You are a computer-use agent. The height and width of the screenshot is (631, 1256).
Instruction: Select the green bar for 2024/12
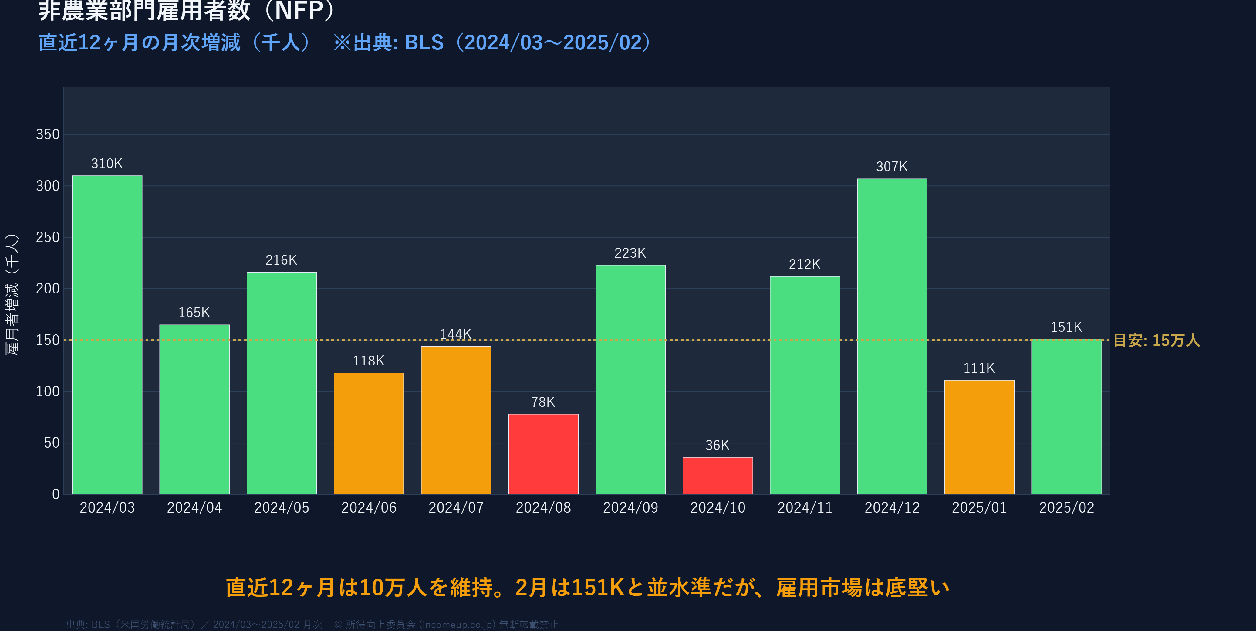pyautogui.click(x=892, y=337)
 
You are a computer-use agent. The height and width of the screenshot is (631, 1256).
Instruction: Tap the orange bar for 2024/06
pyautogui.click(x=369, y=433)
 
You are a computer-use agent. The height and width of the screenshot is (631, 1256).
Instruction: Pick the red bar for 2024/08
pyautogui.click(x=543, y=454)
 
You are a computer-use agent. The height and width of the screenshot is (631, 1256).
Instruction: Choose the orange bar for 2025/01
pyautogui.click(x=979, y=437)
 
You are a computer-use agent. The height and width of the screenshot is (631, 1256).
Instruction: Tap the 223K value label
pyautogui.click(x=630, y=253)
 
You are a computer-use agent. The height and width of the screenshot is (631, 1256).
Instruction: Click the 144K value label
pyautogui.click(x=455, y=334)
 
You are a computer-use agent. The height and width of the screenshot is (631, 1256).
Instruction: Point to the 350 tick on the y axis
pyautogui.click(x=48, y=134)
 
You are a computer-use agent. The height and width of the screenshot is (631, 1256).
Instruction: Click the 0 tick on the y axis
pyautogui.click(x=56, y=494)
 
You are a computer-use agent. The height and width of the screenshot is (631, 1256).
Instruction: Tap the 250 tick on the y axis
pyautogui.click(x=48, y=237)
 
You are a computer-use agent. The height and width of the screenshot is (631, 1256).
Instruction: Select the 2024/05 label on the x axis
pyautogui.click(x=281, y=508)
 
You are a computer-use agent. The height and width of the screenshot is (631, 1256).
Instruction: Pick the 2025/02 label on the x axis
pyautogui.click(x=1066, y=508)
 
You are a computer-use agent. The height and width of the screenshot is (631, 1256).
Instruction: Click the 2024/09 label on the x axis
pyautogui.click(x=630, y=508)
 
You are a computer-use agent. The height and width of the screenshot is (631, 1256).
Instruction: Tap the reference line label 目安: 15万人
pyautogui.click(x=1156, y=340)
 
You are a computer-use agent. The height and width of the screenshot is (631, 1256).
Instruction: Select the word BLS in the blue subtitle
pyautogui.click(x=424, y=43)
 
